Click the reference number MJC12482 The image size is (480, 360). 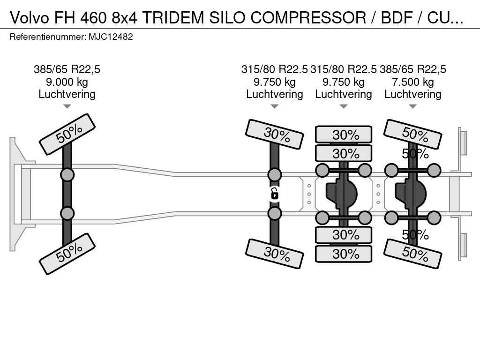pyautogui.click(x=111, y=37)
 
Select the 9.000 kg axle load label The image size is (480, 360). pyautogui.click(x=67, y=82)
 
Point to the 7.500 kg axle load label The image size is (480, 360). pyautogui.click(x=413, y=82)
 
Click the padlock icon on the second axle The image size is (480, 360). pyautogui.click(x=275, y=194)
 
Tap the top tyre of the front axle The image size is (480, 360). pyautogui.click(x=67, y=134)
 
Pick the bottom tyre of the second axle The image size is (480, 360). pyautogui.click(x=275, y=254)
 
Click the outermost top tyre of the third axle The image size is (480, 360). pyautogui.click(x=344, y=135)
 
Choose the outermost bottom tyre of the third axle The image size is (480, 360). pyautogui.click(x=344, y=254)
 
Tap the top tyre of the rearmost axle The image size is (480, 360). pyautogui.click(x=413, y=135)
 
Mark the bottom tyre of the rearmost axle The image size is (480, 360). pyautogui.click(x=413, y=254)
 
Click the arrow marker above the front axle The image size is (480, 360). pyautogui.click(x=67, y=106)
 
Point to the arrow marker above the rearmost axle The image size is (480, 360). pyautogui.click(x=413, y=106)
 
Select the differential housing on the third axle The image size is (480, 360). pyautogui.click(x=342, y=194)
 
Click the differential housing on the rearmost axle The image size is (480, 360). pyautogui.click(x=411, y=194)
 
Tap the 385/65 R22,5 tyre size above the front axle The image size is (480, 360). pyautogui.click(x=67, y=69)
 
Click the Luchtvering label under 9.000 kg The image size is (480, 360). pyautogui.click(x=67, y=94)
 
